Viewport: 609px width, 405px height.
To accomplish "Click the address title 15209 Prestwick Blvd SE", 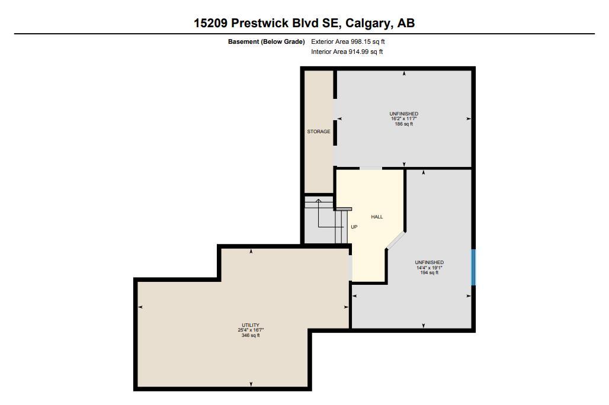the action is [x=268, y=23].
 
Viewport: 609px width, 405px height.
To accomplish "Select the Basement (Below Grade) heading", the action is [x=266, y=41].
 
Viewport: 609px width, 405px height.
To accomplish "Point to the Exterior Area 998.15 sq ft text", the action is [x=348, y=41].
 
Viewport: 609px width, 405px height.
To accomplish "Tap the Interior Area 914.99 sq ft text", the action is [x=347, y=52].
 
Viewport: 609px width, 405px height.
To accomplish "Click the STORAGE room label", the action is [x=319, y=131].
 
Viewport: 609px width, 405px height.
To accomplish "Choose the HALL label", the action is [x=377, y=217].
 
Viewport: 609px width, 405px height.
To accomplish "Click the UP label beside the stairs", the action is [x=354, y=227].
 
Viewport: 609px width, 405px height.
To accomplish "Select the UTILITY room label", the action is [x=251, y=325].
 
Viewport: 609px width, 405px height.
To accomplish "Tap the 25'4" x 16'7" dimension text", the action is [x=251, y=330].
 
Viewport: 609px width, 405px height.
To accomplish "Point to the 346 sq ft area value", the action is [x=251, y=335].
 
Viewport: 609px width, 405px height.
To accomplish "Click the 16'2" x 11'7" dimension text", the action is [x=404, y=119].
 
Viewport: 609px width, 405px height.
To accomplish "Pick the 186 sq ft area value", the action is [x=404, y=124].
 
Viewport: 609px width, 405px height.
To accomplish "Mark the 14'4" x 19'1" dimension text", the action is [x=429, y=268].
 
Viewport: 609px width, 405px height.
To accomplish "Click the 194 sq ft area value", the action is [x=429, y=272].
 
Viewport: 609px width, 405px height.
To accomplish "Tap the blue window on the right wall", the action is [x=473, y=267].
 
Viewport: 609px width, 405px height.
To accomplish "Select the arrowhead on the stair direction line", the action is [x=318, y=200].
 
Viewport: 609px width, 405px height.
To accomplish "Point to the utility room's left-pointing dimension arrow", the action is [x=140, y=307].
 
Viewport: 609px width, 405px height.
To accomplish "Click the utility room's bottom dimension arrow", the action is [x=251, y=384].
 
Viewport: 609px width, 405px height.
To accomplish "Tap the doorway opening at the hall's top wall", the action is [x=371, y=169].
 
